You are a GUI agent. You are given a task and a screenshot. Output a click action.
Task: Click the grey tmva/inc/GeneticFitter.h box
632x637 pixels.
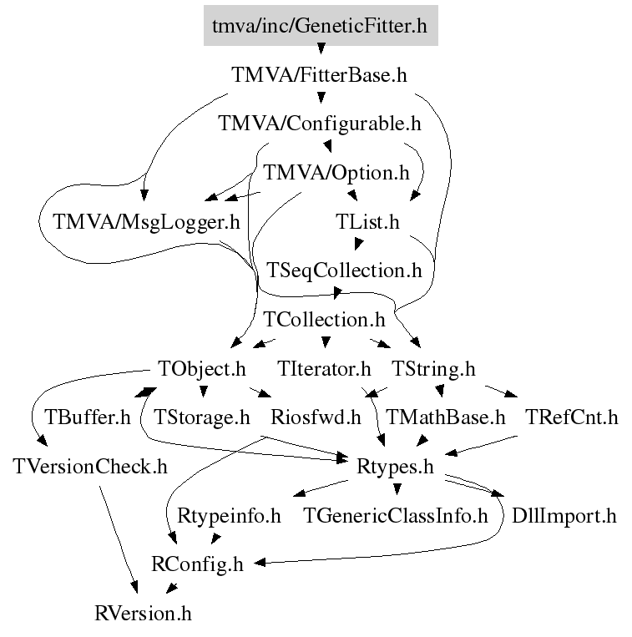click(x=319, y=25)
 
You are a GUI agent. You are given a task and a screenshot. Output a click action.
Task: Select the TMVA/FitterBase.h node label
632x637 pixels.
click(x=319, y=75)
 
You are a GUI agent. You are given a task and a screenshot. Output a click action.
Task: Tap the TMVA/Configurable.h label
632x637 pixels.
click(x=319, y=124)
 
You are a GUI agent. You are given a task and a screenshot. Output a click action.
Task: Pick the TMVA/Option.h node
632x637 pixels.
click(x=336, y=174)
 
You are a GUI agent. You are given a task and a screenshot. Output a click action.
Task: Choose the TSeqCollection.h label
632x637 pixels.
click(x=344, y=270)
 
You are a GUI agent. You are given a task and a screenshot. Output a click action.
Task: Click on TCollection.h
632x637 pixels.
click(x=324, y=319)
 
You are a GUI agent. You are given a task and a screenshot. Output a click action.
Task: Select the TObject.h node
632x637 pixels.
click(x=202, y=368)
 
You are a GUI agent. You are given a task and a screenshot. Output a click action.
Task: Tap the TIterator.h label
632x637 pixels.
click(x=324, y=368)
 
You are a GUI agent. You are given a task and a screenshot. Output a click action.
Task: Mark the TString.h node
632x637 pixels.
click(x=432, y=368)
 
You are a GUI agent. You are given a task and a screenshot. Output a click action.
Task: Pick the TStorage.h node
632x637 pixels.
click(x=203, y=417)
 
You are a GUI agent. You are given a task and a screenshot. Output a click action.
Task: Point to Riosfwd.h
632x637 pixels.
click(x=316, y=417)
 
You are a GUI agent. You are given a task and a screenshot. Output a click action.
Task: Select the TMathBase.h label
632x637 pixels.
click(x=446, y=417)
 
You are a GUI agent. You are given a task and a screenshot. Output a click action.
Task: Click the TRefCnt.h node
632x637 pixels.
click(x=572, y=417)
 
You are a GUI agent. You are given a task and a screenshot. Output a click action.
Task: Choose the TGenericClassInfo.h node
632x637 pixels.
click(x=395, y=515)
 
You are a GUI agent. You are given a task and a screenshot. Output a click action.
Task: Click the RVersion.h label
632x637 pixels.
click(x=144, y=614)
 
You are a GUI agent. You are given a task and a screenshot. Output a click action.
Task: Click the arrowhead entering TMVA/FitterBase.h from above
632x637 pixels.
click(x=319, y=58)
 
